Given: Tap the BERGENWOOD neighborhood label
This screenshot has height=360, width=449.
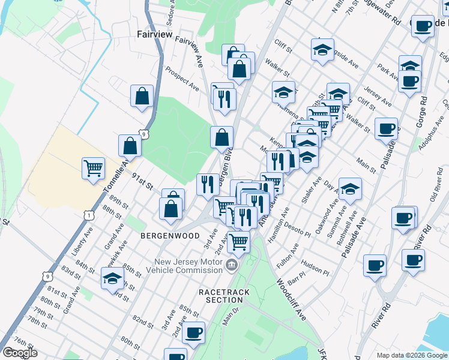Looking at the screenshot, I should tap(170, 236).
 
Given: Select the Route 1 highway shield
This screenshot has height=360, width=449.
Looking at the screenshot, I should tap(89, 214).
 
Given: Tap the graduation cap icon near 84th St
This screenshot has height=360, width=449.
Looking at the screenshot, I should tap(112, 277).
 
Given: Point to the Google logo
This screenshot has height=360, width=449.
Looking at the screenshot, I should tap(20, 353).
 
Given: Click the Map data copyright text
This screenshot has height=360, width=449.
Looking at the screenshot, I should tap(412, 355).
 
